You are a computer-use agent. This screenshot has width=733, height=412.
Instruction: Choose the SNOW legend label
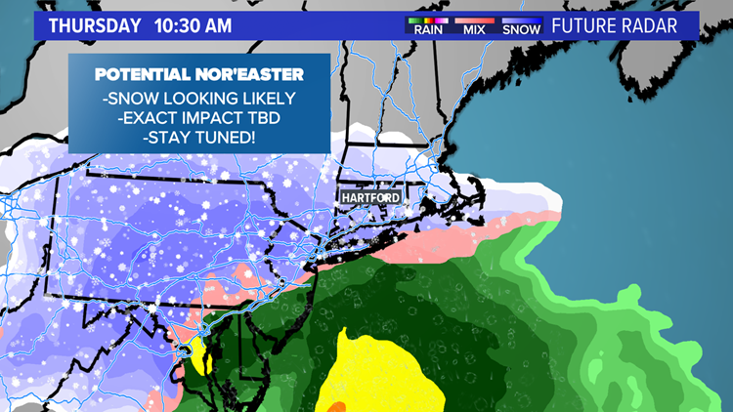[521, 30]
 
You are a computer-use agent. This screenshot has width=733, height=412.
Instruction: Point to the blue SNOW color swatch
[521, 20]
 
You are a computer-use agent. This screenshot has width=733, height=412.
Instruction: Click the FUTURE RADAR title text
[615, 25]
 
